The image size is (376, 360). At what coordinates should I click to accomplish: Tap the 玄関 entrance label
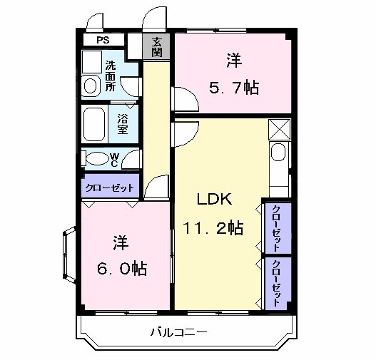[158, 47]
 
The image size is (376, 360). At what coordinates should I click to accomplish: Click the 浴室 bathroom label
[122, 125]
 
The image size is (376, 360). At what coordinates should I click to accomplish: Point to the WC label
[114, 158]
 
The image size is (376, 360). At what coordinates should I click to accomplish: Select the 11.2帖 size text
[213, 228]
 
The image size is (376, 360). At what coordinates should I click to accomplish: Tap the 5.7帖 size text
[233, 88]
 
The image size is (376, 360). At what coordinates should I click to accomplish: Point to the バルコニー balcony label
[179, 332]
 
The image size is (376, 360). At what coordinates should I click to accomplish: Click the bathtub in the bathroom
[95, 125]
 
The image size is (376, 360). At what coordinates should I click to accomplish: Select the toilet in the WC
[93, 158]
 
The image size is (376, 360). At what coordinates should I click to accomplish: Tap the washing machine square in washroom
[91, 62]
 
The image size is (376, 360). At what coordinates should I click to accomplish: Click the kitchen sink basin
[278, 153]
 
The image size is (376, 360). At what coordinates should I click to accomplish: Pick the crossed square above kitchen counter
[279, 130]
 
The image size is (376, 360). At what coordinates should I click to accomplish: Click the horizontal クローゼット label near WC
[110, 187]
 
